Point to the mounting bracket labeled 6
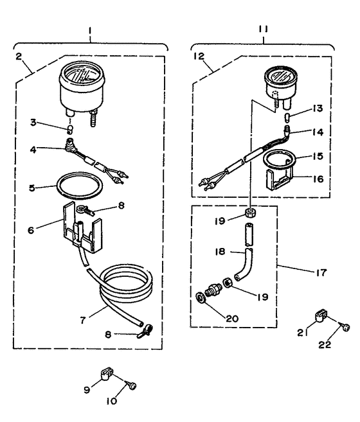[82, 227]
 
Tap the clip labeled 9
[107, 374]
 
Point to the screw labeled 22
[346, 327]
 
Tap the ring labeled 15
[283, 159]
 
